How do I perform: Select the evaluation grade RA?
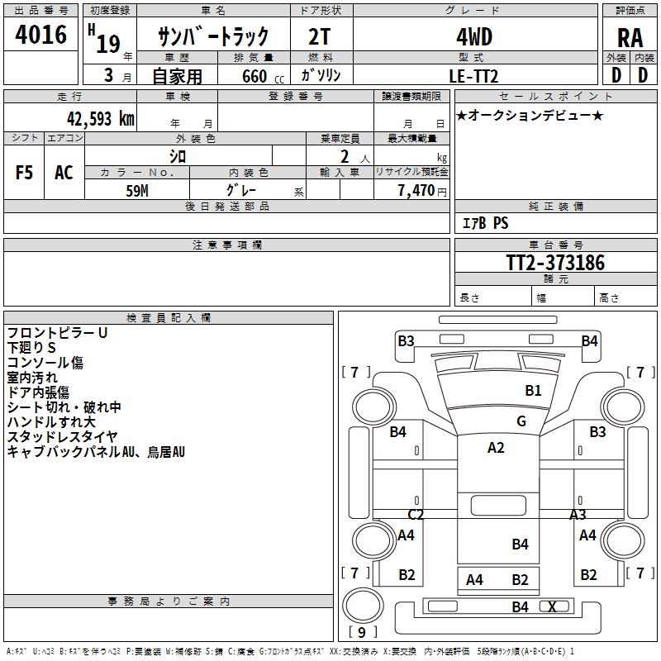pos(630,38)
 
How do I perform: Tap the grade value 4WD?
pos(474,36)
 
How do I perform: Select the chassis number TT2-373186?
pos(555,263)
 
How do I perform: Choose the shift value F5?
pos(24,173)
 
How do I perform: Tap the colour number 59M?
pos(136,191)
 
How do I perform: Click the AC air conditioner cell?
pos(64,173)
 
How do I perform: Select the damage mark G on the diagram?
pos(521,421)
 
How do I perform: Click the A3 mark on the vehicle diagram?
pos(578,514)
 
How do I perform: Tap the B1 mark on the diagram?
pos(533,390)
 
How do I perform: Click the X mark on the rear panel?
pos(552,606)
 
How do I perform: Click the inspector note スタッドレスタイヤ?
pos(63,436)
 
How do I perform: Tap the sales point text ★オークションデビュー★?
pos(530,115)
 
